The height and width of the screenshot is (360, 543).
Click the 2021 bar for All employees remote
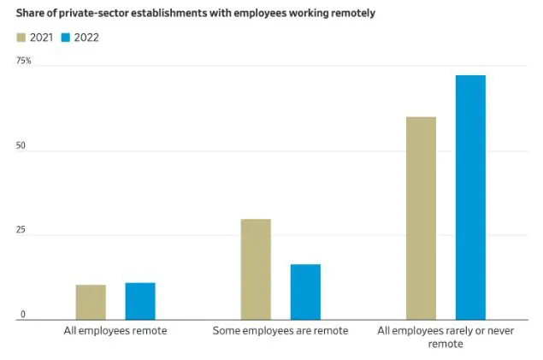91,302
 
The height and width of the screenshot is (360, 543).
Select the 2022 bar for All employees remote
140,301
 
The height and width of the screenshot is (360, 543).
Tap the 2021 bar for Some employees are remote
256,269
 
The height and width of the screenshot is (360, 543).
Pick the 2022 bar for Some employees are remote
305,292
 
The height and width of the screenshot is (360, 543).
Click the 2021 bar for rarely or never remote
421,218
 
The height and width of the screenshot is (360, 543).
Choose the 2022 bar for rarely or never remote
470,198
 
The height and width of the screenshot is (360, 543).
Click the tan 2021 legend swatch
21,38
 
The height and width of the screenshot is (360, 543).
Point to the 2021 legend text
42,38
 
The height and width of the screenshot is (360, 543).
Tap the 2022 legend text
86,38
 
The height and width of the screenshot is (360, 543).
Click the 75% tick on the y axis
23,61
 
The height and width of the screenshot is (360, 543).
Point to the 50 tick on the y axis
21,146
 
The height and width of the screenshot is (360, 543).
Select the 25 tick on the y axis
21,231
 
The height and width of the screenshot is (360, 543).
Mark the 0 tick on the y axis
23,315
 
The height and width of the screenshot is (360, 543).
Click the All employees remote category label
115,330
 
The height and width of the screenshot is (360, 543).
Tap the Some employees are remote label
280,330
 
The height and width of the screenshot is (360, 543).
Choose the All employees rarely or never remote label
446,336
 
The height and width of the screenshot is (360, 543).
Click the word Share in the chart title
32,14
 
